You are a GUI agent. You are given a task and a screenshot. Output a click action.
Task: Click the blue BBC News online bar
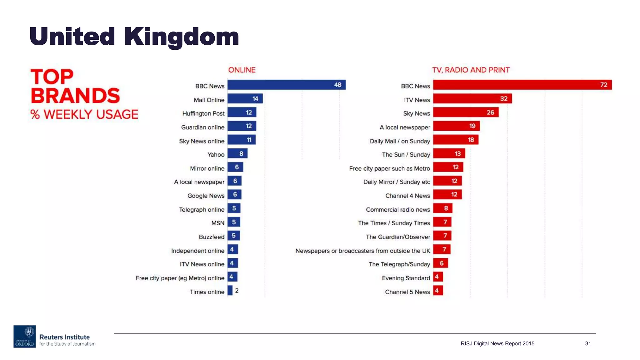point(286,85)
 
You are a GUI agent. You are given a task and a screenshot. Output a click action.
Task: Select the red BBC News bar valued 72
point(522,85)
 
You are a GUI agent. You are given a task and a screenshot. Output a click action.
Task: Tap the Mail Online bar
point(245,99)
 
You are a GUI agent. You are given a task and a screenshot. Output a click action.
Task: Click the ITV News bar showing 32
point(472,99)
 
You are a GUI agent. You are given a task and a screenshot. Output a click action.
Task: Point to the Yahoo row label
point(216,155)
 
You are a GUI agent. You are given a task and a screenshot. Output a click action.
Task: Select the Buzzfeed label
point(212,237)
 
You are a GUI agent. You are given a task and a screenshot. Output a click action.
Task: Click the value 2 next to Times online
point(237,291)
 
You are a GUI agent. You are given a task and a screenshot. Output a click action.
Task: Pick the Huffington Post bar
point(242,112)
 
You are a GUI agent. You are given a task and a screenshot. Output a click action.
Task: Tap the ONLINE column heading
point(242,70)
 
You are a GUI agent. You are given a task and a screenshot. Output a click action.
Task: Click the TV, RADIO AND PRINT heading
point(471,70)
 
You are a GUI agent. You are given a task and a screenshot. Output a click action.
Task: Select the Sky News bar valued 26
point(466,112)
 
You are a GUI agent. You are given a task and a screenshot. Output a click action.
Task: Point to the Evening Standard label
point(406,278)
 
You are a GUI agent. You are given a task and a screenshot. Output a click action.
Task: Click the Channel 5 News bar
point(438,291)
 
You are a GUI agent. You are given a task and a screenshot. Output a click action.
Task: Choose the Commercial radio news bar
point(442,208)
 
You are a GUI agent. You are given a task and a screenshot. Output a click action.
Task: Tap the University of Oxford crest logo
point(25,336)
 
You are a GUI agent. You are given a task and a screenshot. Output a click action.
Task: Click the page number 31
point(588,343)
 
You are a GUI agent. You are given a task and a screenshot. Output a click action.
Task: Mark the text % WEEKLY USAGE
point(84,114)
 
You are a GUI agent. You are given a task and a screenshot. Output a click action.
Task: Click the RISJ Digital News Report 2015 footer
point(497,343)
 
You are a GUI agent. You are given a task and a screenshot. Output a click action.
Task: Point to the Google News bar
point(234,195)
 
